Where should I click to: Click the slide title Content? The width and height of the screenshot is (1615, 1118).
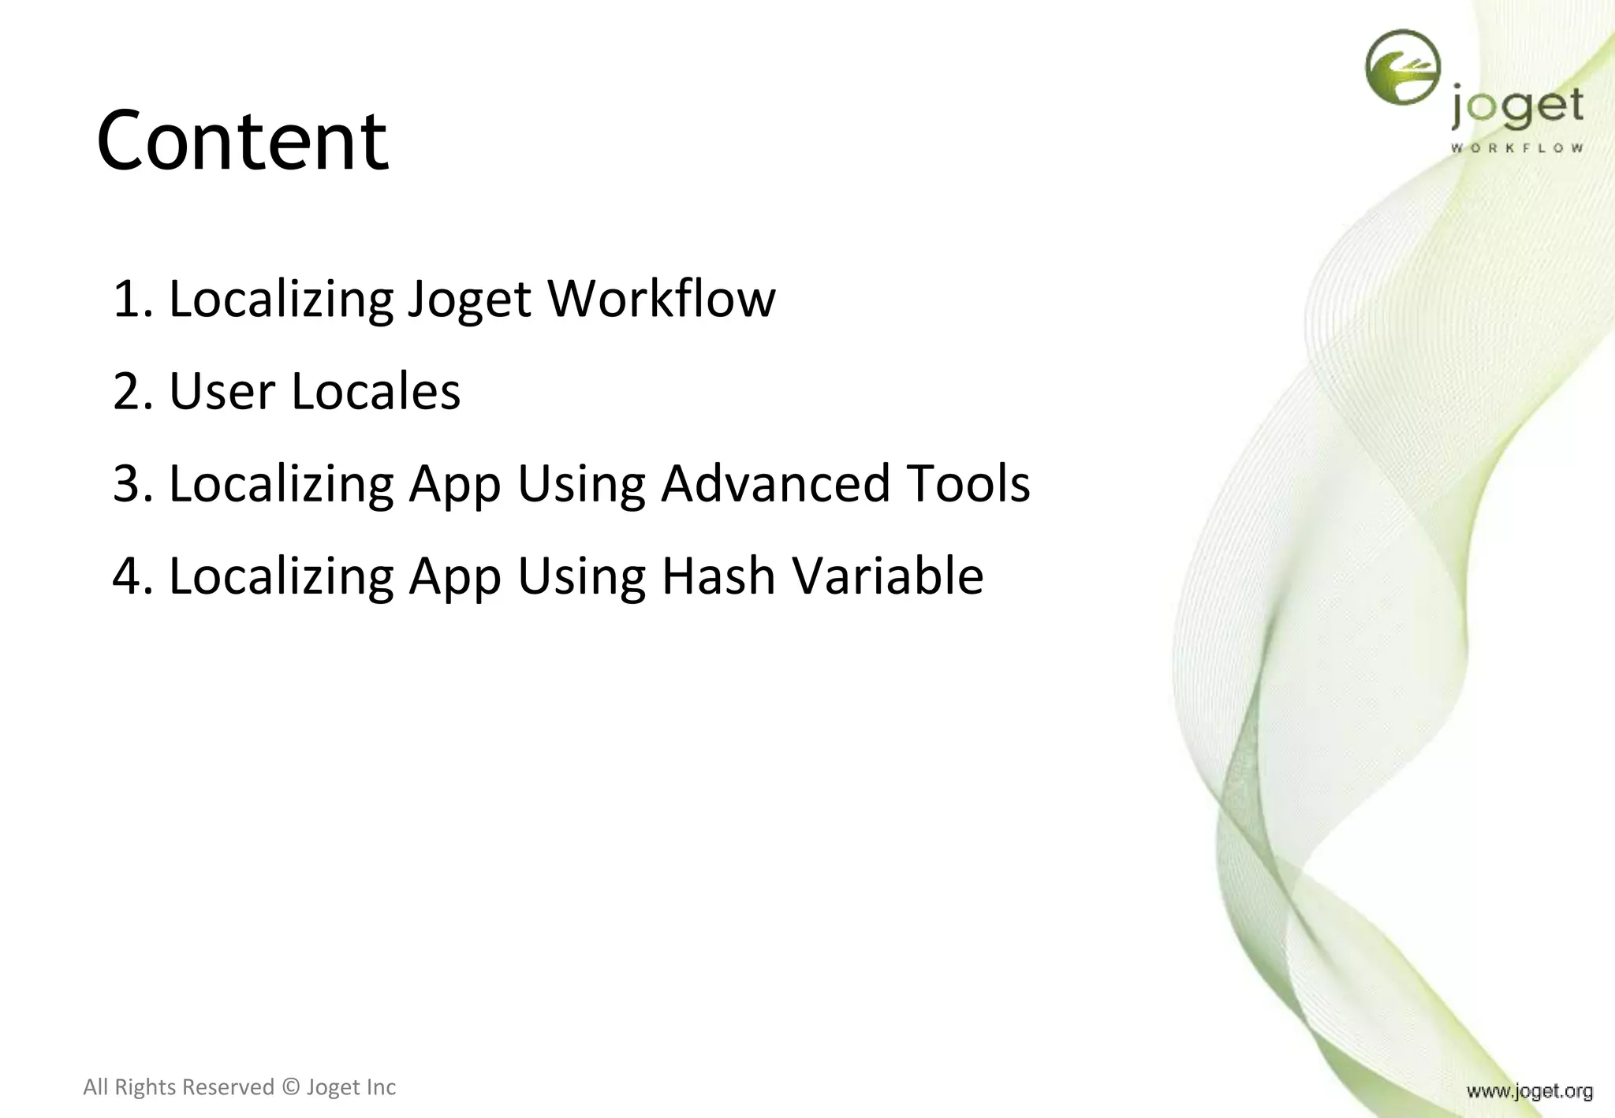(242, 141)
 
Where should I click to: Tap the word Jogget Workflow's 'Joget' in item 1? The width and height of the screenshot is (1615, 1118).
(469, 300)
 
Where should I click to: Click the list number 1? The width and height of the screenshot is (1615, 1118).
(130, 300)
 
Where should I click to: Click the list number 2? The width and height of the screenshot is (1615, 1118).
(130, 392)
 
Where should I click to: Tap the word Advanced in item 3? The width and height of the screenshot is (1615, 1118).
(775, 483)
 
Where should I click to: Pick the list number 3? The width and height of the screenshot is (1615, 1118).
(130, 484)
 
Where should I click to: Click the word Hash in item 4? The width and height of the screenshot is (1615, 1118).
(718, 576)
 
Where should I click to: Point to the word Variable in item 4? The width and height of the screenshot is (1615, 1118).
(888, 576)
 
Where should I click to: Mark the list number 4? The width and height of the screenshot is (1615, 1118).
(130, 576)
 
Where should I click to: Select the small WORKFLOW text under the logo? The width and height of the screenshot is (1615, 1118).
(1516, 147)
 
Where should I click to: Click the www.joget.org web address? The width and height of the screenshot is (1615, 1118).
(1529, 1091)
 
